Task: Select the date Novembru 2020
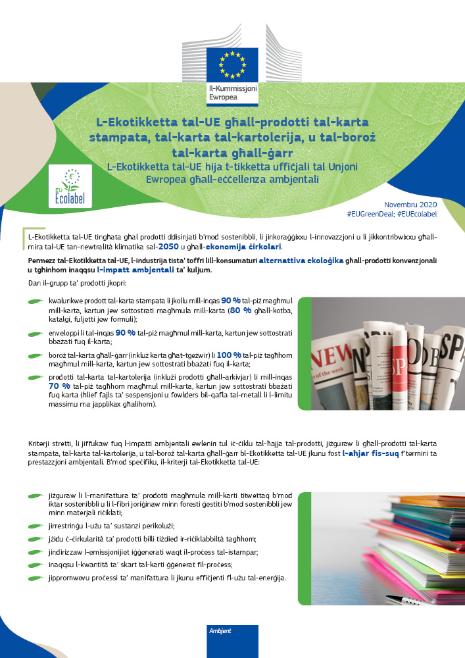click(x=411, y=205)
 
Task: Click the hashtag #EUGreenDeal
click(x=370, y=215)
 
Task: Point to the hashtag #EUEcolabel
click(x=418, y=215)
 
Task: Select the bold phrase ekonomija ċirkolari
click(x=246, y=246)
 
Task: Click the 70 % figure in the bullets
click(x=59, y=386)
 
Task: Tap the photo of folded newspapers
click(x=380, y=353)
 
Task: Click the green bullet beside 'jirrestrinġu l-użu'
click(x=37, y=526)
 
